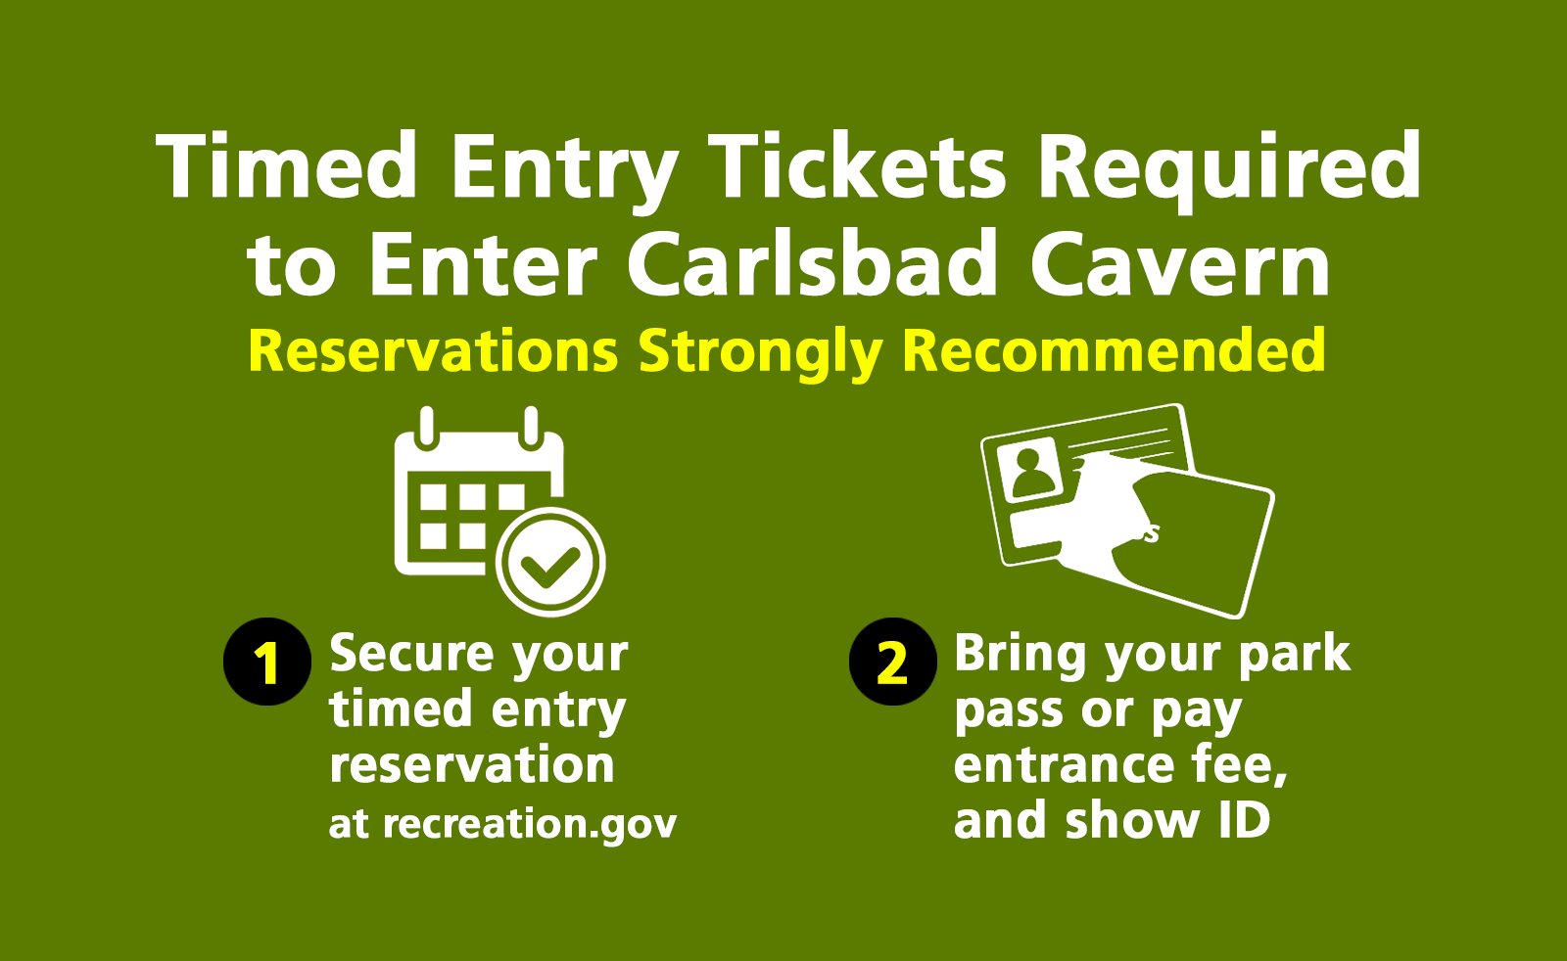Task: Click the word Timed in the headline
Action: [287, 165]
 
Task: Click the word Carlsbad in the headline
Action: [812, 263]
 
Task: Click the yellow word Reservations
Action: [433, 351]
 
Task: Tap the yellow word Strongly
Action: [760, 354]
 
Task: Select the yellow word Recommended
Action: [1114, 350]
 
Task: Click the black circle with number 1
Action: [267, 662]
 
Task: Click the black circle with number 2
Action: [892, 662]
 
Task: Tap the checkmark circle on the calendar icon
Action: [550, 563]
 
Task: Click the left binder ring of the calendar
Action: [427, 427]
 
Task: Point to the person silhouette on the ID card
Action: [1032, 473]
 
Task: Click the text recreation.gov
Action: [530, 825]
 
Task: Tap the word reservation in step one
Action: [471, 764]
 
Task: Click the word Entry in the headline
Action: [565, 172]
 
